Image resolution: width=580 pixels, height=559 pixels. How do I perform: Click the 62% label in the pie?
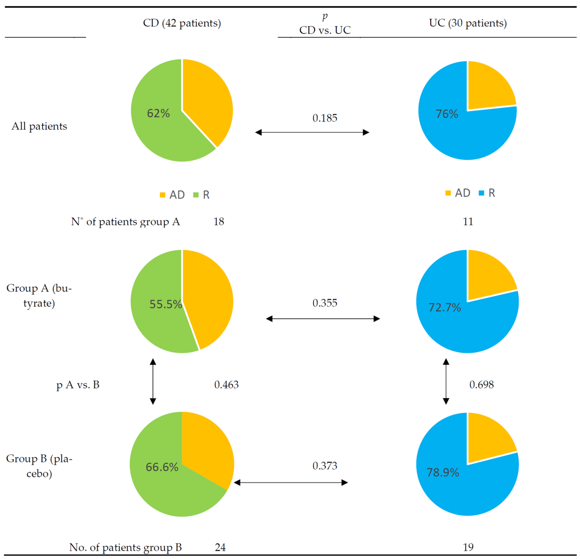(158, 113)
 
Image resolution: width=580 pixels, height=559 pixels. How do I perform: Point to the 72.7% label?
(445, 308)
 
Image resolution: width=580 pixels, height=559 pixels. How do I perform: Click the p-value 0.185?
(325, 118)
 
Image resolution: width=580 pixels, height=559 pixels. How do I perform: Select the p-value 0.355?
(325, 303)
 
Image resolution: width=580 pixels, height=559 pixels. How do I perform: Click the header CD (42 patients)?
(182, 23)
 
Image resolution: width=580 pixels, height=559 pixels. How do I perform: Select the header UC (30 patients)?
(468, 23)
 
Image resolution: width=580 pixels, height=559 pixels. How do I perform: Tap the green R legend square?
(196, 195)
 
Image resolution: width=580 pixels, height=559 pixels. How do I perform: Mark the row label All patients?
(39, 126)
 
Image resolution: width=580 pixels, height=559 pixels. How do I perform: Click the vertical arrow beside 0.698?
(446, 382)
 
